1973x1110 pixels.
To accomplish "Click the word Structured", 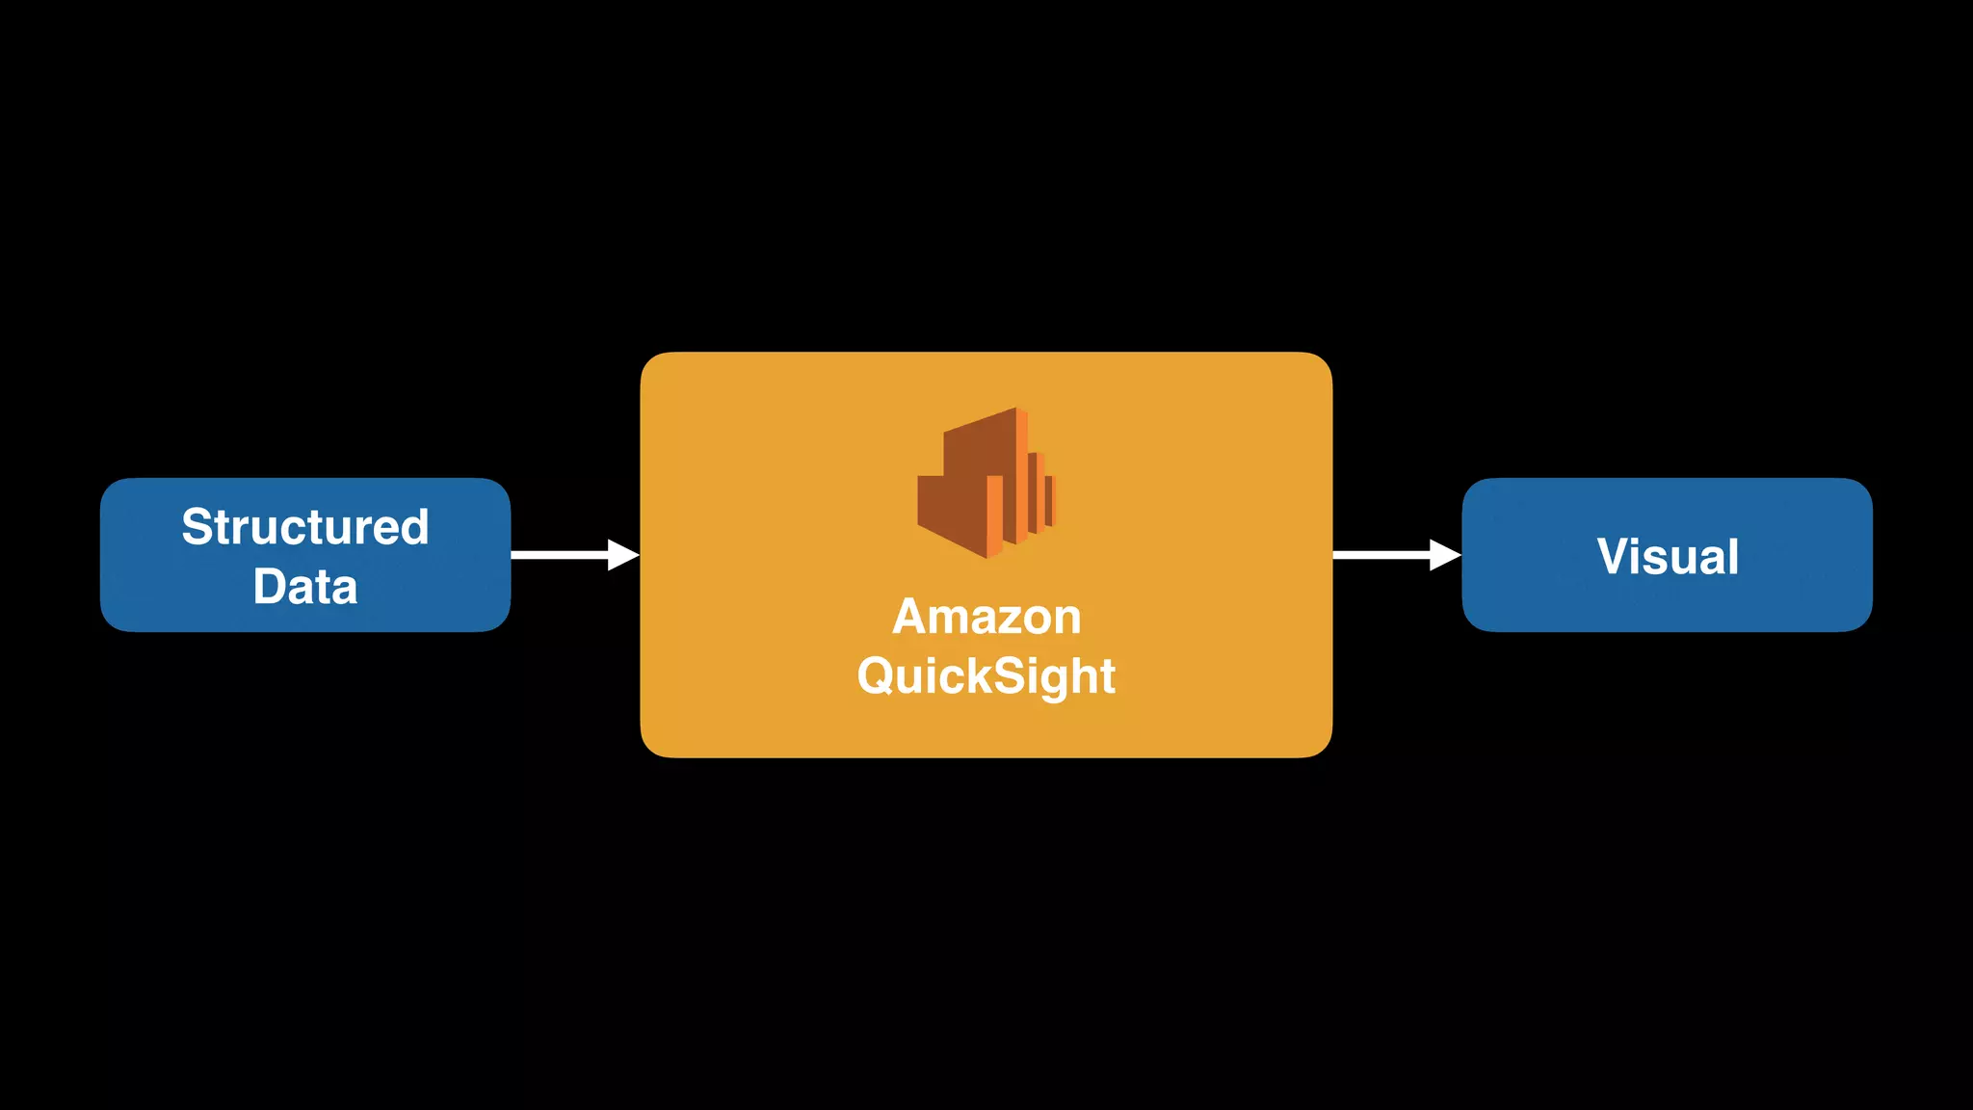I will coord(304,527).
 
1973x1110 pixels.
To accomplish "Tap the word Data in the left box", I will coord(304,587).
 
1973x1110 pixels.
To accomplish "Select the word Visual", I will coord(1668,557).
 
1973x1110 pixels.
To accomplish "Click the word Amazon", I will coord(986,617).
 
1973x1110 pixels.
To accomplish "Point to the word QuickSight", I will coord(986,676).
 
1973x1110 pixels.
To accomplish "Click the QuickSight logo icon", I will coord(985,483).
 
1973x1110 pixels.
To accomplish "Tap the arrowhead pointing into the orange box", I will coord(623,555).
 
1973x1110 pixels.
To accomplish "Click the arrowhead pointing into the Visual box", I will coord(1445,555).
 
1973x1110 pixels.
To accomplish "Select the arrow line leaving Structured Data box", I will coord(559,555).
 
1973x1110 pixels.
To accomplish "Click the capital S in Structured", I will coord(197,527).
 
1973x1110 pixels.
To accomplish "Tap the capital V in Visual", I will coord(1615,557).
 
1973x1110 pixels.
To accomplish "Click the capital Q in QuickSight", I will coord(876,675).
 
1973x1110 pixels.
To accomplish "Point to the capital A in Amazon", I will coord(910,617).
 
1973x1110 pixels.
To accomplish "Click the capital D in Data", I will coord(270,587).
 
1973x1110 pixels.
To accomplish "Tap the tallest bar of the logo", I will coord(1020,477).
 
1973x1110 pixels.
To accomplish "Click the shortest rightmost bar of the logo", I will coord(1050,501).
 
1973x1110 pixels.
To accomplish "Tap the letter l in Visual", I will coord(1732,556).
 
